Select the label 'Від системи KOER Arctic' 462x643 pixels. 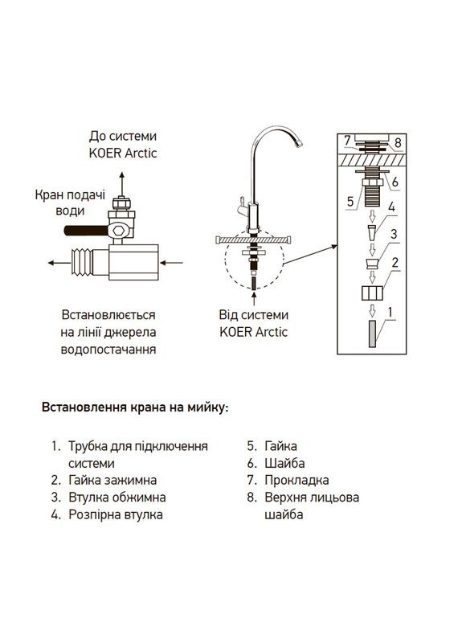(253, 323)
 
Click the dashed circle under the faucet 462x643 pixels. (254, 266)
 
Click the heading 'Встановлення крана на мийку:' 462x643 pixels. (135, 408)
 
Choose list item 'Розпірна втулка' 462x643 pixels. (114, 514)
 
